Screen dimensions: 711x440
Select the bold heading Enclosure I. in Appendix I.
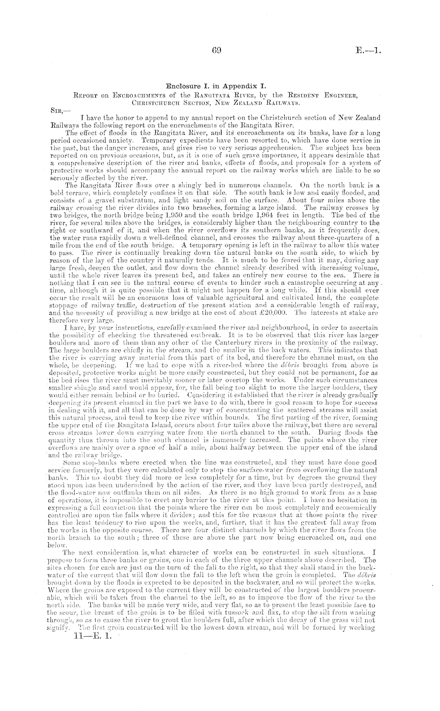pyautogui.click(x=220, y=85)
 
